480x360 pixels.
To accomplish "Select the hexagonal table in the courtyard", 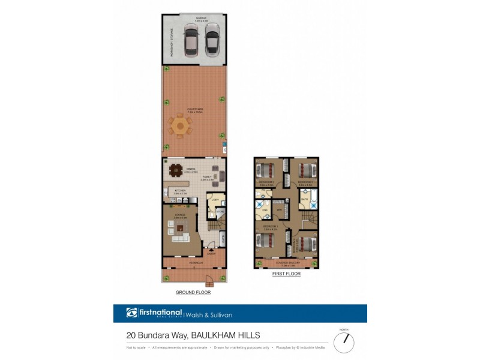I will click(x=179, y=126).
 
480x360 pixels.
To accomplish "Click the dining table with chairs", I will click(x=176, y=170).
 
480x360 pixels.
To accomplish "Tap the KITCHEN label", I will click(x=179, y=191).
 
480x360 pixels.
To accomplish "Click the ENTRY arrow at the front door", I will click(x=211, y=252).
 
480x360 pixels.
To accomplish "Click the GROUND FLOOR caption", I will click(x=193, y=293).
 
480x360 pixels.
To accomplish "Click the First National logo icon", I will click(x=132, y=313).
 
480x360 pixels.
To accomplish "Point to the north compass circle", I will click(x=344, y=343).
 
